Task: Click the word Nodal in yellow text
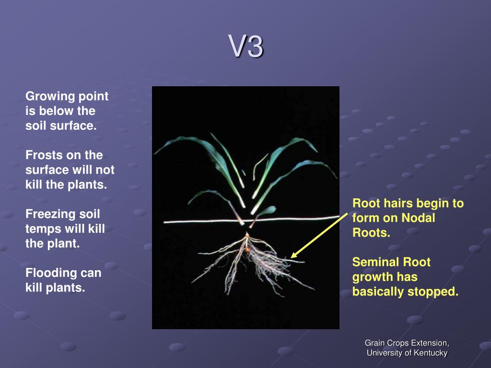pyautogui.click(x=418, y=218)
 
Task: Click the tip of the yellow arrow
pyautogui.click(x=291, y=258)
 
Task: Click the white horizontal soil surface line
pyautogui.click(x=201, y=221)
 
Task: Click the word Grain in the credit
pyautogui.click(x=374, y=343)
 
